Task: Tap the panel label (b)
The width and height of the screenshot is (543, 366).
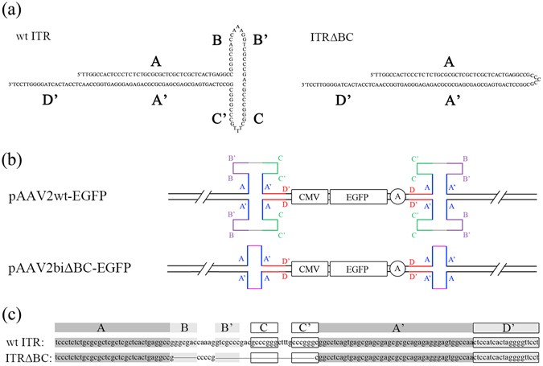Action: coord(14,154)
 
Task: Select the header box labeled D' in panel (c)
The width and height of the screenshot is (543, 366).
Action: coord(505,327)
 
